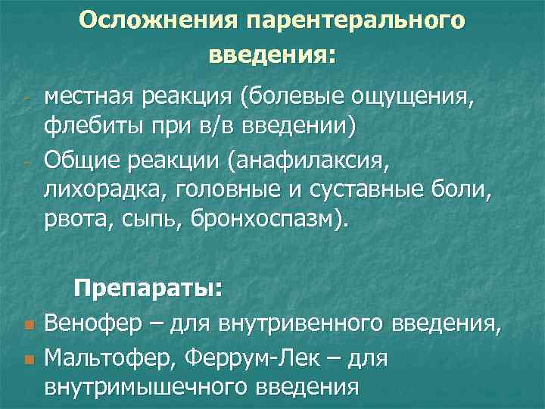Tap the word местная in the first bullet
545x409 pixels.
[x=90, y=97]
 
